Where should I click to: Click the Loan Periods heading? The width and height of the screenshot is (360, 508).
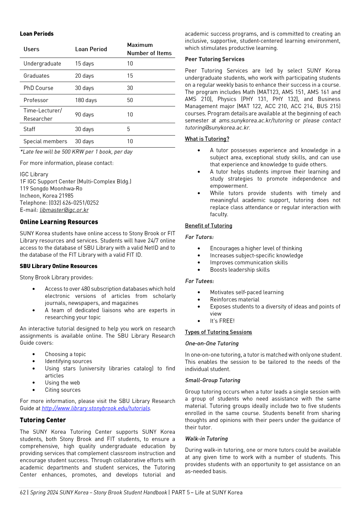[x=37, y=34]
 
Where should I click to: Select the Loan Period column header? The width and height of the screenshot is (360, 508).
[x=91, y=49]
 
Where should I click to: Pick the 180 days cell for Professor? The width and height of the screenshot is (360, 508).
[x=86, y=100]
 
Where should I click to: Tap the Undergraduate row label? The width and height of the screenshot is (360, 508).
[x=42, y=64]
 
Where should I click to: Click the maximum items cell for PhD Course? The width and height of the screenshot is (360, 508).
[x=130, y=88]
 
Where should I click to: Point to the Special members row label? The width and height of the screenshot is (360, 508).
[x=45, y=141]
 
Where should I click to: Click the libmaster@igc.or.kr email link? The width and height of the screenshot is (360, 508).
[x=64, y=210]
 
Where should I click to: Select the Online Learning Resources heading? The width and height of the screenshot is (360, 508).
[x=59, y=222]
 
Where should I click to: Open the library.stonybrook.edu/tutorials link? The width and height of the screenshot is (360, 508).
[x=96, y=408]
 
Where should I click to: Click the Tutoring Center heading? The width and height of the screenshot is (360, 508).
[x=43, y=420]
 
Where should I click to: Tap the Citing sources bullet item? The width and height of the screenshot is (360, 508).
[x=63, y=390]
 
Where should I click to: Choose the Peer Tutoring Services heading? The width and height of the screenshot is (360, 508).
[x=215, y=59]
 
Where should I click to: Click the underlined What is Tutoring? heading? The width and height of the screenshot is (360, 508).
[x=207, y=139]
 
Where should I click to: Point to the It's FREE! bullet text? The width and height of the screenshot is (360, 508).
[x=222, y=321]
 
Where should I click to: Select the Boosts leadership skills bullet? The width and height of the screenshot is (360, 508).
[x=240, y=270]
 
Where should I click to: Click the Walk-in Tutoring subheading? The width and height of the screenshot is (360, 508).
[x=206, y=439]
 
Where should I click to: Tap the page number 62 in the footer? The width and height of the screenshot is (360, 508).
[x=23, y=493]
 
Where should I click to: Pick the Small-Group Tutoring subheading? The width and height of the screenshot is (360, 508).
[x=213, y=380]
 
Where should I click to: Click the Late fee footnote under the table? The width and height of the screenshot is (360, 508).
[x=76, y=152]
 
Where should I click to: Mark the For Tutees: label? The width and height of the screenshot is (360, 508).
[x=200, y=281]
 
